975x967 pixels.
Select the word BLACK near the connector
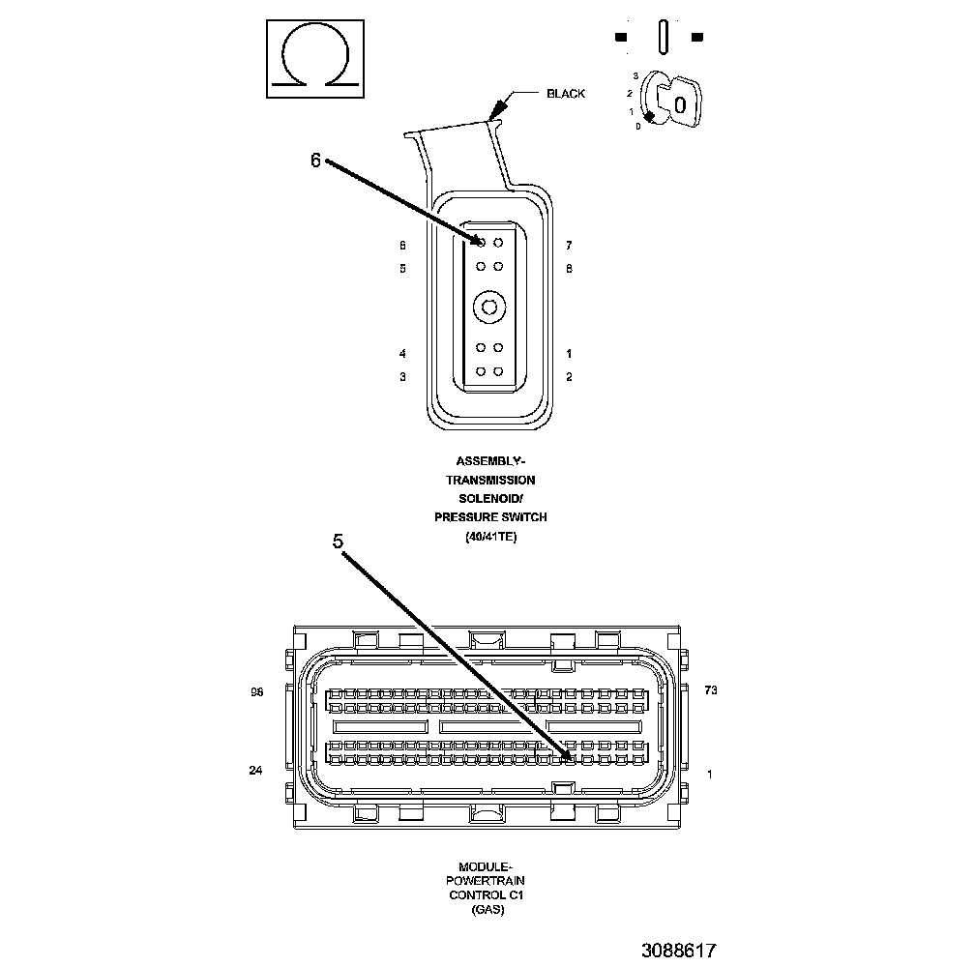(566, 94)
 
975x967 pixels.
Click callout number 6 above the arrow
(315, 161)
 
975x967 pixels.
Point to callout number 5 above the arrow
(338, 542)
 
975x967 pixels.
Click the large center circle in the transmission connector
(488, 308)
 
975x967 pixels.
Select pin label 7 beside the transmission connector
(569, 246)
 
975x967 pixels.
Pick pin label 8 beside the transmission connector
(569, 268)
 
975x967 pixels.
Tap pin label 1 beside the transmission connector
(569, 354)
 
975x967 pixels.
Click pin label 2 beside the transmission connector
(569, 376)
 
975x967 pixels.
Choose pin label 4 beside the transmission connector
(402, 354)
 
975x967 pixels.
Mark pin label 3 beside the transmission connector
(402, 376)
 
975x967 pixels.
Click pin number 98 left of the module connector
(257, 691)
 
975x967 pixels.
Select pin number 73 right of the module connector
(711, 690)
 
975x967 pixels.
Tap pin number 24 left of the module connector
(255, 771)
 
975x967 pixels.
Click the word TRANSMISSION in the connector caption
(490, 480)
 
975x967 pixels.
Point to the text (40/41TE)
(490, 537)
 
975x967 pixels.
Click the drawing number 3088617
(678, 951)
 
